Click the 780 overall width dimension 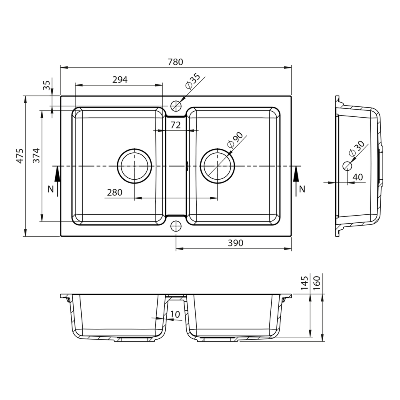pyautogui.click(x=176, y=62)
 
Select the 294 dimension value pyautogui.click(x=120, y=80)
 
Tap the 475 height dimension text pyautogui.click(x=20, y=156)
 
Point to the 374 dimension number pyautogui.click(x=36, y=156)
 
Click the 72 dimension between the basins pyautogui.click(x=176, y=125)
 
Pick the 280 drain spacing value pyautogui.click(x=114, y=192)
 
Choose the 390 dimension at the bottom pyautogui.click(x=236, y=243)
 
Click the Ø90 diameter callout pyautogui.click(x=235, y=140)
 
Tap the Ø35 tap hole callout pyautogui.click(x=193, y=81)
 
